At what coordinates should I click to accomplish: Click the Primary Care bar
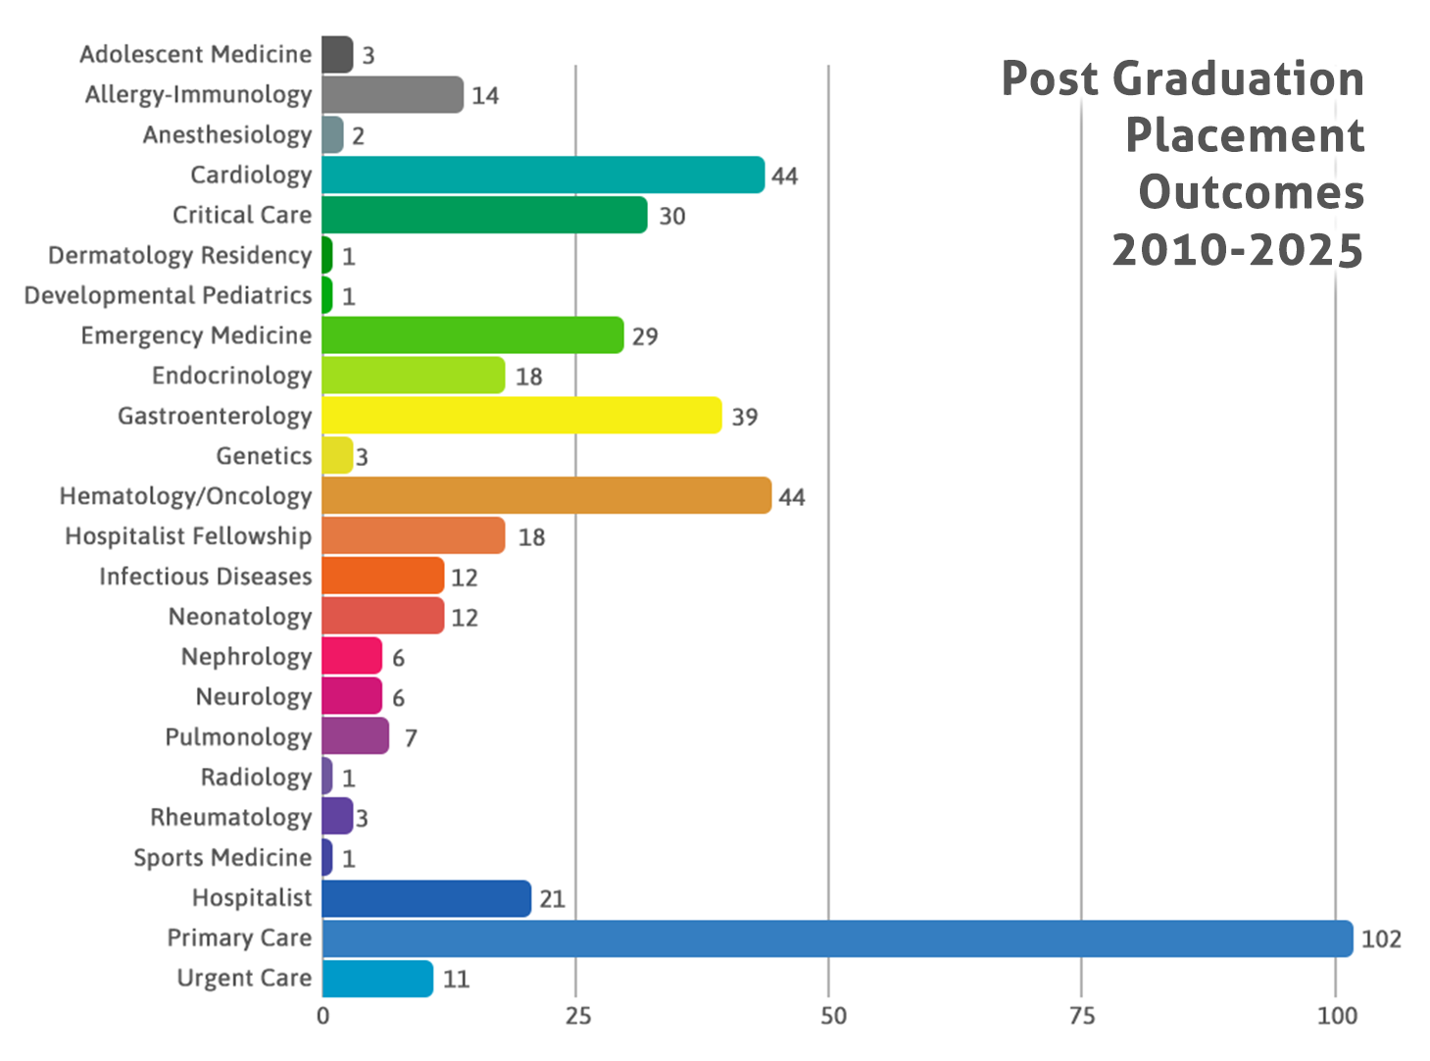point(837,938)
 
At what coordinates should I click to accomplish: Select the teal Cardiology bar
point(543,175)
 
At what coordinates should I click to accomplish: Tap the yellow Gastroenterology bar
point(521,416)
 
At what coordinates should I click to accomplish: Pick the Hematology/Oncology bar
point(546,496)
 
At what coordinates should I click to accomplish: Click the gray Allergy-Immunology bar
point(392,94)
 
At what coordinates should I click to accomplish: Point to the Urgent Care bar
point(377,979)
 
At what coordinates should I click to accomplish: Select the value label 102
point(1381,939)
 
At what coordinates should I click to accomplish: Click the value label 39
point(745,417)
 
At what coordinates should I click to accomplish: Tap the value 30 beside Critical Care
point(671,216)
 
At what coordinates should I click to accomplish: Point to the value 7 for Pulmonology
point(411,738)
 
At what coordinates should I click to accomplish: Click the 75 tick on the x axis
point(1082,1016)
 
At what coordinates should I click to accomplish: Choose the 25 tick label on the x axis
point(577,1016)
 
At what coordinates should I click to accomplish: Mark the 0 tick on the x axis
point(322,1016)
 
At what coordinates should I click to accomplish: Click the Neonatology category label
point(240,617)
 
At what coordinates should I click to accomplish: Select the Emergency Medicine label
point(196,335)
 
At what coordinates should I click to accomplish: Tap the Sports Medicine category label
point(222,858)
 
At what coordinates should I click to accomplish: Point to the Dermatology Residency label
point(179,255)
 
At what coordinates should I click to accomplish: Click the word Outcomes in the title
point(1251,192)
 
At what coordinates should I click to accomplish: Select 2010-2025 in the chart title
point(1237,250)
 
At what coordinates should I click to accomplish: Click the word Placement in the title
point(1245,135)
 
